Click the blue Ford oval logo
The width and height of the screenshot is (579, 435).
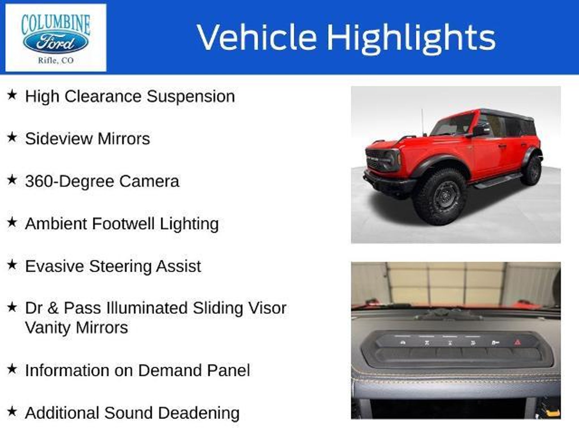tap(56, 43)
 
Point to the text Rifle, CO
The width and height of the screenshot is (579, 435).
tap(56, 60)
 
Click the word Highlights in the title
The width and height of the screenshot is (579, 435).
tap(411, 38)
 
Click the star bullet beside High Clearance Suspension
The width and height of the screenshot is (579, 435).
tap(12, 95)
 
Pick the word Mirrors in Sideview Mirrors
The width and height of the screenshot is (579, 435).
tap(124, 139)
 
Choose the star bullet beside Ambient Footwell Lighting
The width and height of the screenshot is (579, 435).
tap(12, 222)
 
